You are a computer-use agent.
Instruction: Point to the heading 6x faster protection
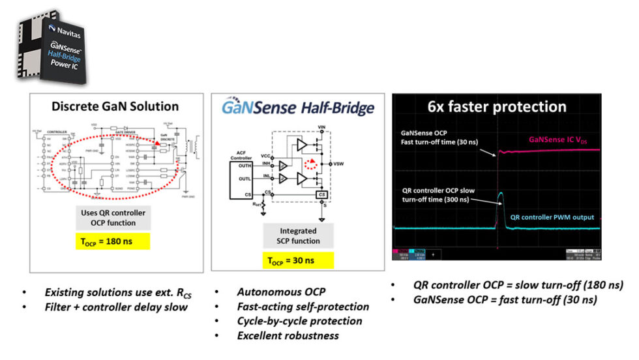[496, 106]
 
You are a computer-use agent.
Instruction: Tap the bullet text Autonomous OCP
[276, 292]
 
